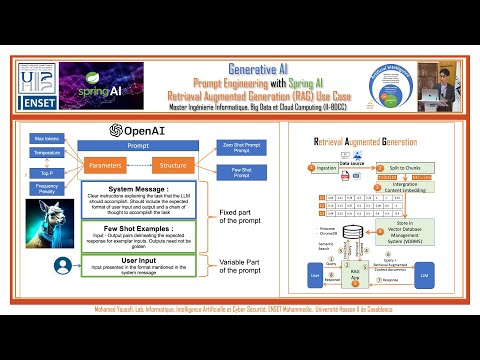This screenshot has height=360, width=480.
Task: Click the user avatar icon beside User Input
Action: [x=62, y=266]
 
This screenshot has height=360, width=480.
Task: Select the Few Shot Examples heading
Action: [x=148, y=229]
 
